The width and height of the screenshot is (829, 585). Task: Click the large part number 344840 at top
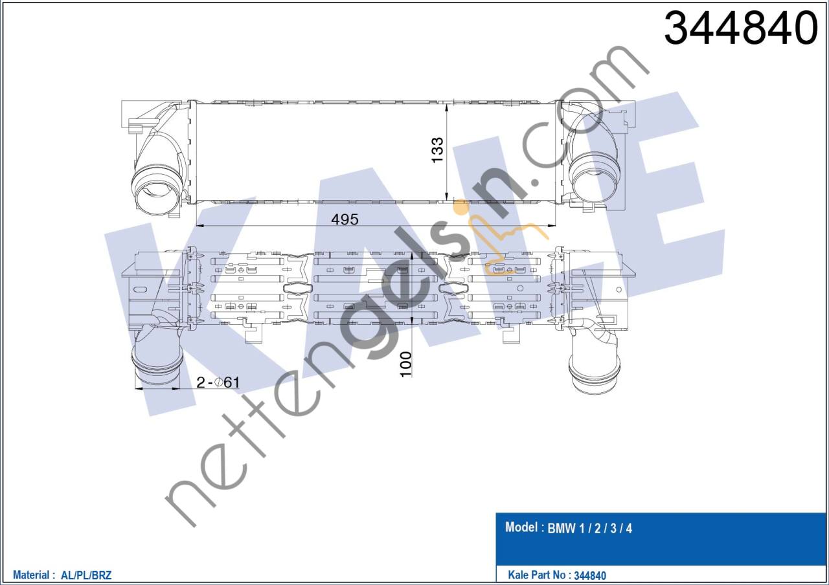click(741, 28)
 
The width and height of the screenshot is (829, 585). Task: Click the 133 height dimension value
click(438, 149)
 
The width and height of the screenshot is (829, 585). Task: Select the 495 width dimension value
click(345, 219)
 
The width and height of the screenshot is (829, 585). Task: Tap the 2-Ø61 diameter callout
click(218, 382)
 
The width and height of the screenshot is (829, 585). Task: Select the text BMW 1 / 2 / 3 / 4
click(590, 528)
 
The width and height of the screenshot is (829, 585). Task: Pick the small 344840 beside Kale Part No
click(590, 575)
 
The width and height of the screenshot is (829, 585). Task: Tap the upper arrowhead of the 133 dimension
click(448, 105)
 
